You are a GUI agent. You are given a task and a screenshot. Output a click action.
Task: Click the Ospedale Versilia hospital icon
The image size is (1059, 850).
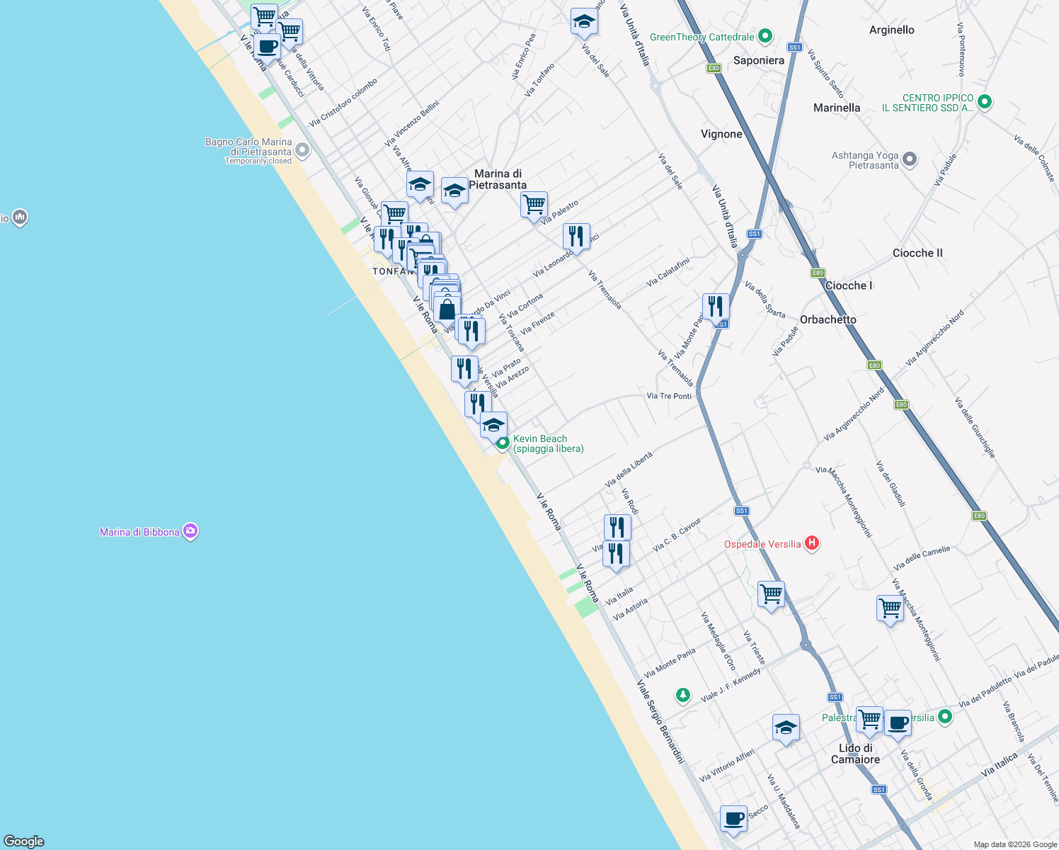[x=812, y=543]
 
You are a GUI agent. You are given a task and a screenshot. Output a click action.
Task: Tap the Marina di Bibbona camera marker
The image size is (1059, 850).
[x=190, y=531]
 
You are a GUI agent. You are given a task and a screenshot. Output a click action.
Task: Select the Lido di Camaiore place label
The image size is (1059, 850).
[x=855, y=754]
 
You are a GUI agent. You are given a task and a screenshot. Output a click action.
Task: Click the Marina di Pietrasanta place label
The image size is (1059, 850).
[x=498, y=179]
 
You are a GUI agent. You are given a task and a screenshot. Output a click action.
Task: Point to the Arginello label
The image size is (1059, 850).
[x=891, y=30]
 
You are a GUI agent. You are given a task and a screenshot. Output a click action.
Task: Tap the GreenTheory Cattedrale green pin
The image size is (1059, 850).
[x=765, y=35]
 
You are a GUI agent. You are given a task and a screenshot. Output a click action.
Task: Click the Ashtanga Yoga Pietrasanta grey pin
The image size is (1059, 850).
[x=910, y=159]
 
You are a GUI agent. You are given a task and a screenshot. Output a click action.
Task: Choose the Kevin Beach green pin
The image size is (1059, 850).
[x=503, y=443]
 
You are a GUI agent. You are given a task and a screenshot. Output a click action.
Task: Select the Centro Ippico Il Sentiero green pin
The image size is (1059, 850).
[x=984, y=103]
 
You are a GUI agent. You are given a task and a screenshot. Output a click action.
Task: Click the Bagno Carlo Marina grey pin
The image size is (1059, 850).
[x=302, y=150]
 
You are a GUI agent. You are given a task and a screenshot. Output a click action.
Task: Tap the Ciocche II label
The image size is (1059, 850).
[x=917, y=253]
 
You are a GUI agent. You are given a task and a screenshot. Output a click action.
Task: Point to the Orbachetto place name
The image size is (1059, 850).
[x=828, y=319]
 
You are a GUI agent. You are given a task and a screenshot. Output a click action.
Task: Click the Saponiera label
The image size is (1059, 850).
[x=758, y=60]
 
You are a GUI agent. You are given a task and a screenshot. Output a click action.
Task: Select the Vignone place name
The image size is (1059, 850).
[x=721, y=134]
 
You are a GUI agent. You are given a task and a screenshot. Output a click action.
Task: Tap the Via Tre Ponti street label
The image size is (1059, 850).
[x=669, y=396]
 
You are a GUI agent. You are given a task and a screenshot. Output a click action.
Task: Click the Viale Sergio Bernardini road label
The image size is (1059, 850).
[x=660, y=722]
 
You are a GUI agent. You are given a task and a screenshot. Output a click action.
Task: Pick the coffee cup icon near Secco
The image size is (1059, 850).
[x=733, y=818]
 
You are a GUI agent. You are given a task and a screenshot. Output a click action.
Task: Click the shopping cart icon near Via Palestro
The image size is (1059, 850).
[x=534, y=205]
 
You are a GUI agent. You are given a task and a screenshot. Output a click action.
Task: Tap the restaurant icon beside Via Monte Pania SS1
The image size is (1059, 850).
[x=716, y=306]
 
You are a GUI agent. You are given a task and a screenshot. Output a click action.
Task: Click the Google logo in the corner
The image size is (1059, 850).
[x=24, y=841]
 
